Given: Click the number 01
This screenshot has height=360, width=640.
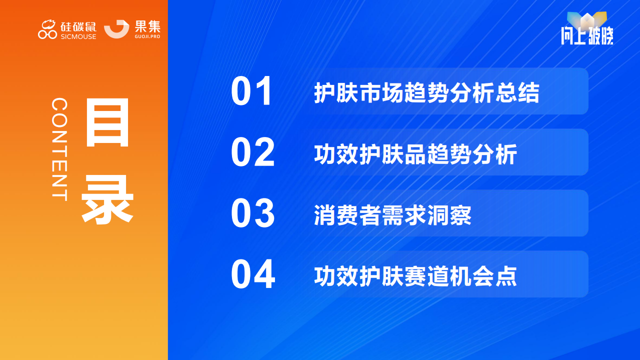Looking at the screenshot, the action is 251,91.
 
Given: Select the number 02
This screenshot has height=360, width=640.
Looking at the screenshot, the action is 253,152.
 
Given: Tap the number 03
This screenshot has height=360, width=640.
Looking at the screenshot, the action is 253,213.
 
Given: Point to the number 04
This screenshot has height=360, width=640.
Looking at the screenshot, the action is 253,274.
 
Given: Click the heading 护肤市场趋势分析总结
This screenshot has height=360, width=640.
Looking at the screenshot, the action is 427,92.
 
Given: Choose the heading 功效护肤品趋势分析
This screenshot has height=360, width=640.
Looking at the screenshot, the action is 415,154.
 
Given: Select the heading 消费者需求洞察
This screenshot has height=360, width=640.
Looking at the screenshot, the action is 393,215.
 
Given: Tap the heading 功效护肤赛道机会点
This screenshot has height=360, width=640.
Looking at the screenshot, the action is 415,276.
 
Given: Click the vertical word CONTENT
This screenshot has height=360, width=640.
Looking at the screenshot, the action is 59,149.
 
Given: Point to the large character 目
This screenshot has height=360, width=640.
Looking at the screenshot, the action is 107,122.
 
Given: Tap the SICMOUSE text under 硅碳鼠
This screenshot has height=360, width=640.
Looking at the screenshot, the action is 78,36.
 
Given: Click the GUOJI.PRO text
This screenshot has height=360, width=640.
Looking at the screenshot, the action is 147,36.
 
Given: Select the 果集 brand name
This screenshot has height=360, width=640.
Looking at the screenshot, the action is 147,26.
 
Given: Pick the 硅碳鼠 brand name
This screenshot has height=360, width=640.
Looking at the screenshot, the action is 78,27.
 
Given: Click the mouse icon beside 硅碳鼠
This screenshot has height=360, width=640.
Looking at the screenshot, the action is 47,29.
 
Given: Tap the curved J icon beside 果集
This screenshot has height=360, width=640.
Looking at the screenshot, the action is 116,29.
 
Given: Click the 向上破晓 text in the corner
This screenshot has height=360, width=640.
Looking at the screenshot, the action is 587,35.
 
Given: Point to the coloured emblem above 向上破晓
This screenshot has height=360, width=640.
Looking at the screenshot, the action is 587,20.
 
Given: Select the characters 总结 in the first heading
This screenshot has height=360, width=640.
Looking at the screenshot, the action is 517,92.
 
